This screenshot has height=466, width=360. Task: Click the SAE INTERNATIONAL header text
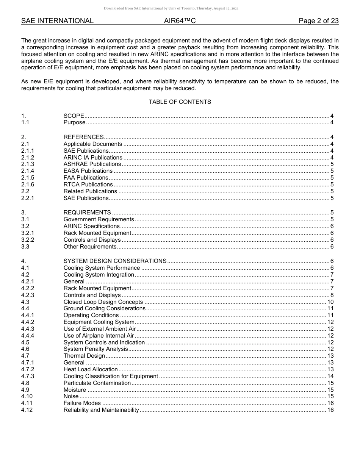(x=57, y=21)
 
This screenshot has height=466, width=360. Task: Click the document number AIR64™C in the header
(x=180, y=21)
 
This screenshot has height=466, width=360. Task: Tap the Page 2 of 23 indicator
(x=318, y=21)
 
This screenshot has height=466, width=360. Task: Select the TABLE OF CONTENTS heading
(x=180, y=102)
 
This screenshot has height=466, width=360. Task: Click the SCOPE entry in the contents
(x=74, y=116)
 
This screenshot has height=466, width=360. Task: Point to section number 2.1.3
(x=28, y=164)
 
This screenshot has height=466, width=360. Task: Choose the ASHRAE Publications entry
(x=92, y=164)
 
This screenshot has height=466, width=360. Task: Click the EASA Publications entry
(x=88, y=171)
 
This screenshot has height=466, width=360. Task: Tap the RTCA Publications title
(x=88, y=185)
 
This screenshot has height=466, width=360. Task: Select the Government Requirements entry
(x=99, y=219)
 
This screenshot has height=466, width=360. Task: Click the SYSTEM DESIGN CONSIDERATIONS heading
(x=115, y=261)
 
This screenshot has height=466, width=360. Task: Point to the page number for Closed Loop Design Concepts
(x=330, y=302)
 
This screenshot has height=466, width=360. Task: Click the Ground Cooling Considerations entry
(x=105, y=308)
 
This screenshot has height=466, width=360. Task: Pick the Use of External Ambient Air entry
(x=100, y=329)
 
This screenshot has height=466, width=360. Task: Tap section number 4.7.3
(x=28, y=376)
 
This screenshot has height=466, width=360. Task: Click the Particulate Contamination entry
(x=97, y=383)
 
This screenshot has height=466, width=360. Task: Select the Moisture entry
(x=75, y=390)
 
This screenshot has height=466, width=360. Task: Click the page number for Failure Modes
(x=330, y=403)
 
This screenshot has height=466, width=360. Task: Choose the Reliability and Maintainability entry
(x=101, y=410)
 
